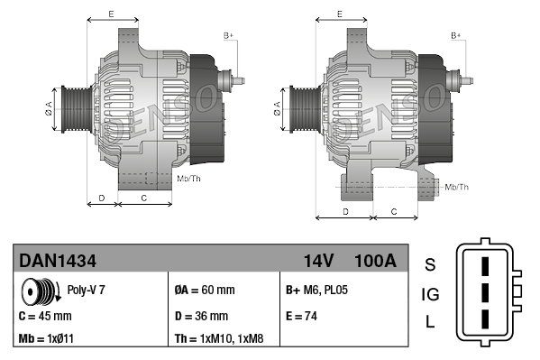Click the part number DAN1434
click(58, 260)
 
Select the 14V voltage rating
click(318, 260)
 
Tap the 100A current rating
click(376, 260)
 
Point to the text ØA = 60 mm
click(204, 291)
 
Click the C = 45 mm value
click(45, 316)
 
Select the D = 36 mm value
click(201, 316)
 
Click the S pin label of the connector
click(430, 264)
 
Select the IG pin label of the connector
click(430, 294)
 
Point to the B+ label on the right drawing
click(456, 35)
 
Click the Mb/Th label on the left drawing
click(189, 178)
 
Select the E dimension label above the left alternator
click(110, 14)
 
